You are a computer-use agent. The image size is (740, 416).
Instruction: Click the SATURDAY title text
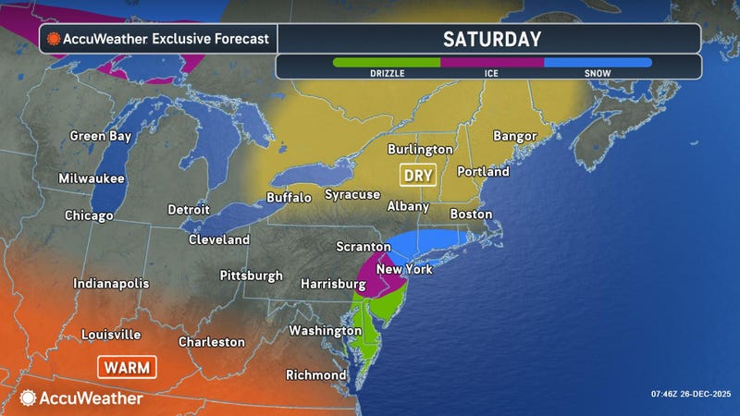(491, 39)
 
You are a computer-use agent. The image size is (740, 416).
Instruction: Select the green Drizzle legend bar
(387, 63)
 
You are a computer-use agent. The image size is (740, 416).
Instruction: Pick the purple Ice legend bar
(492, 63)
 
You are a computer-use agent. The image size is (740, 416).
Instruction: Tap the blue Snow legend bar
(598, 63)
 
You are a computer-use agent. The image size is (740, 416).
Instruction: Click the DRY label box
(417, 174)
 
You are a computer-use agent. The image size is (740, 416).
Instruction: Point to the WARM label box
(127, 367)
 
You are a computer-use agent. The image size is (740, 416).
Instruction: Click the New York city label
(404, 269)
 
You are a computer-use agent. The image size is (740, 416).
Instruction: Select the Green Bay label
(99, 136)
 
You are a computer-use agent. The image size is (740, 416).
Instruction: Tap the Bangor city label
(515, 136)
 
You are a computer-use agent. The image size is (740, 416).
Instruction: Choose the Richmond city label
(316, 375)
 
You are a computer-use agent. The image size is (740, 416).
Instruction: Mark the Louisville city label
(111, 334)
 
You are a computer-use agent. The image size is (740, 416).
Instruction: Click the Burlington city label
(420, 149)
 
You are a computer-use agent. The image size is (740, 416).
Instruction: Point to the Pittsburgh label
(251, 275)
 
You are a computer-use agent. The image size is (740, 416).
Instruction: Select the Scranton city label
(359, 249)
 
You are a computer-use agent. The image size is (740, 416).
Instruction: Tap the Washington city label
(325, 330)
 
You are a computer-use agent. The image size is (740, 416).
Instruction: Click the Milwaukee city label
(91, 178)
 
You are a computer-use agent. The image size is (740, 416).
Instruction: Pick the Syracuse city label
(351, 194)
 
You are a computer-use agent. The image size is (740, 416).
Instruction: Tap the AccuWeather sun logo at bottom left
(29, 398)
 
